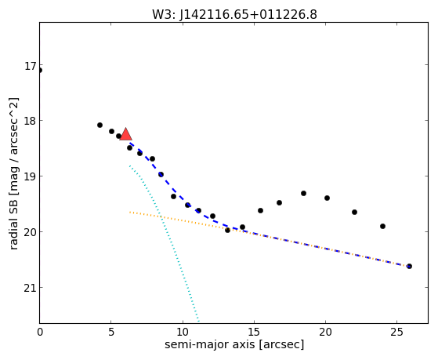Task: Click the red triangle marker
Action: coord(125,134)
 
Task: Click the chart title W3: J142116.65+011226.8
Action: coord(234,14)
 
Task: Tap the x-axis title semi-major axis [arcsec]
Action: coord(234,344)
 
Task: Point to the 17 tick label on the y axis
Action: coord(31,67)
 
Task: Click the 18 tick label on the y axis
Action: coord(31,122)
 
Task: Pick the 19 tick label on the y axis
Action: coord(31,177)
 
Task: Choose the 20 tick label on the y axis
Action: coord(31,233)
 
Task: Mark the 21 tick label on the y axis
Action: coord(31,289)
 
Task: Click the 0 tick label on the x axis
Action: coord(40,332)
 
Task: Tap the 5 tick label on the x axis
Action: coord(111,332)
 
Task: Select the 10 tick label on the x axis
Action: coord(183,332)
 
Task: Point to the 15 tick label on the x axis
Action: coord(254,332)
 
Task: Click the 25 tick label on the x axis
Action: coord(396,332)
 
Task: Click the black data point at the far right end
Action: coord(409,266)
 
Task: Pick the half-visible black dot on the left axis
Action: coord(40,71)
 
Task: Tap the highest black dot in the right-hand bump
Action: coord(304,193)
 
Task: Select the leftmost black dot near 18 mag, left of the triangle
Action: coord(100,125)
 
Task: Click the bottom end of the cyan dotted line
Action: coord(198,321)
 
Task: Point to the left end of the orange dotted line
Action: coord(130,213)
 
